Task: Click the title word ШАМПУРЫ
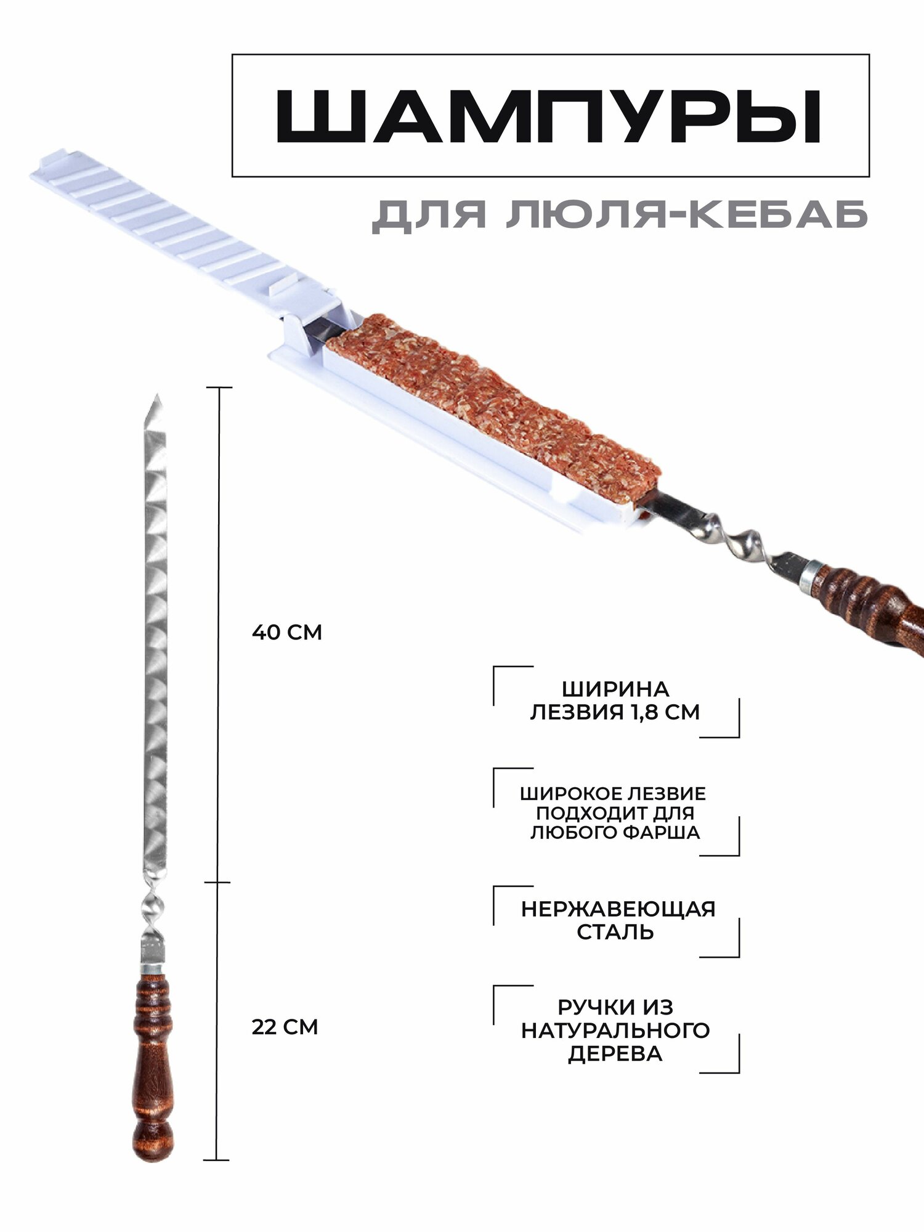548,117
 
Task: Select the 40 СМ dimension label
287,633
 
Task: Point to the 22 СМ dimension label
285,1027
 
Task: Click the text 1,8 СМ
665,712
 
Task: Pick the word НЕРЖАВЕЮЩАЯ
618,909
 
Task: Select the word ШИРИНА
615,689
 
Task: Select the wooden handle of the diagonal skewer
869,604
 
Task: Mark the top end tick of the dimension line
219,387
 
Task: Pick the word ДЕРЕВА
615,1053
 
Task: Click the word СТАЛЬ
615,932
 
